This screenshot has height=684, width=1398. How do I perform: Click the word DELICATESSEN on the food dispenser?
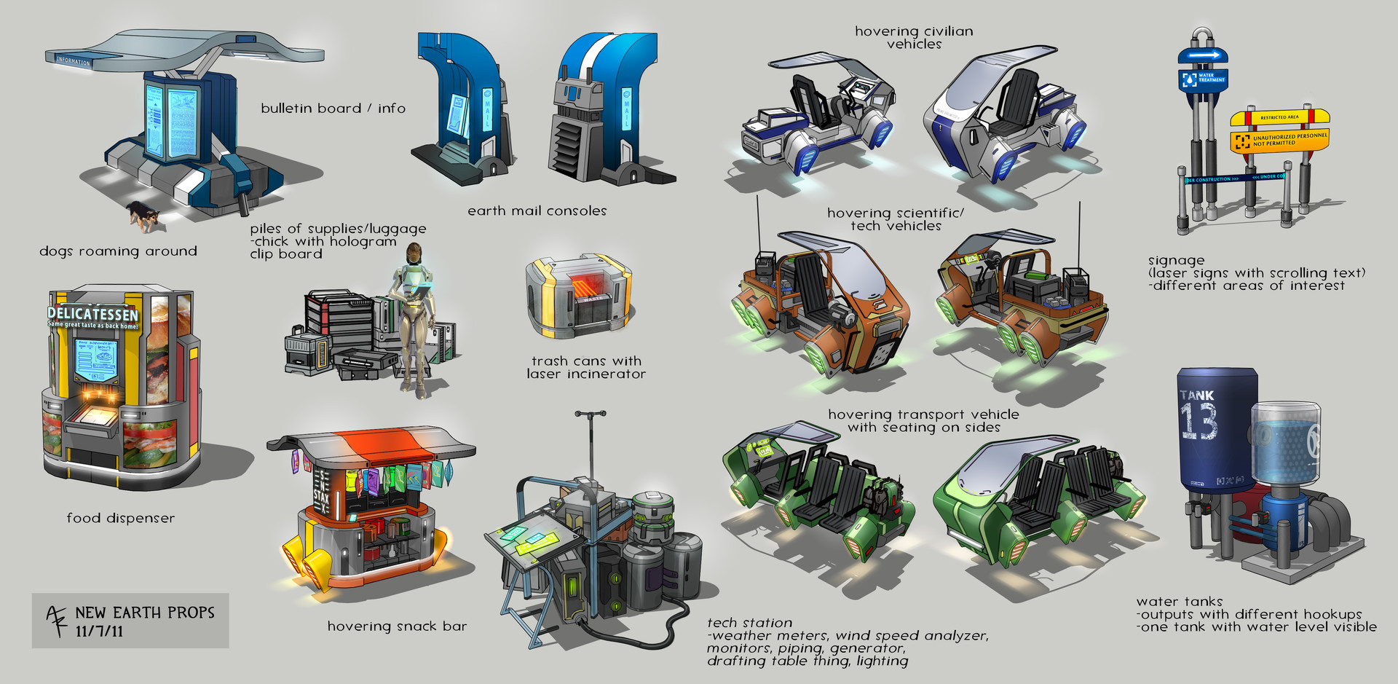point(92,314)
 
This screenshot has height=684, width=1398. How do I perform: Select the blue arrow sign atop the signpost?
point(1204,55)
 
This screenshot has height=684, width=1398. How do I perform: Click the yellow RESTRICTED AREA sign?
point(1279,117)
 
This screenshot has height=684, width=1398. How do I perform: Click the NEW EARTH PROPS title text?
point(145,613)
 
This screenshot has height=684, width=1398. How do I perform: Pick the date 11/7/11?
point(100,631)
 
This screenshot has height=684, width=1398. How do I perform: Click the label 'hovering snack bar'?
point(397,626)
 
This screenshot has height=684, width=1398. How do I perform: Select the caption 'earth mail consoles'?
point(537,211)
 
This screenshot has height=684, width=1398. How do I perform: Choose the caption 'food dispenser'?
point(120,518)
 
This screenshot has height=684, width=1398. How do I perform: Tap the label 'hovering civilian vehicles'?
point(914,37)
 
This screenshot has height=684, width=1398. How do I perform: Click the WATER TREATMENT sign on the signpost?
point(1203,78)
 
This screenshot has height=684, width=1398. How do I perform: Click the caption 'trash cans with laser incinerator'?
point(586,367)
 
